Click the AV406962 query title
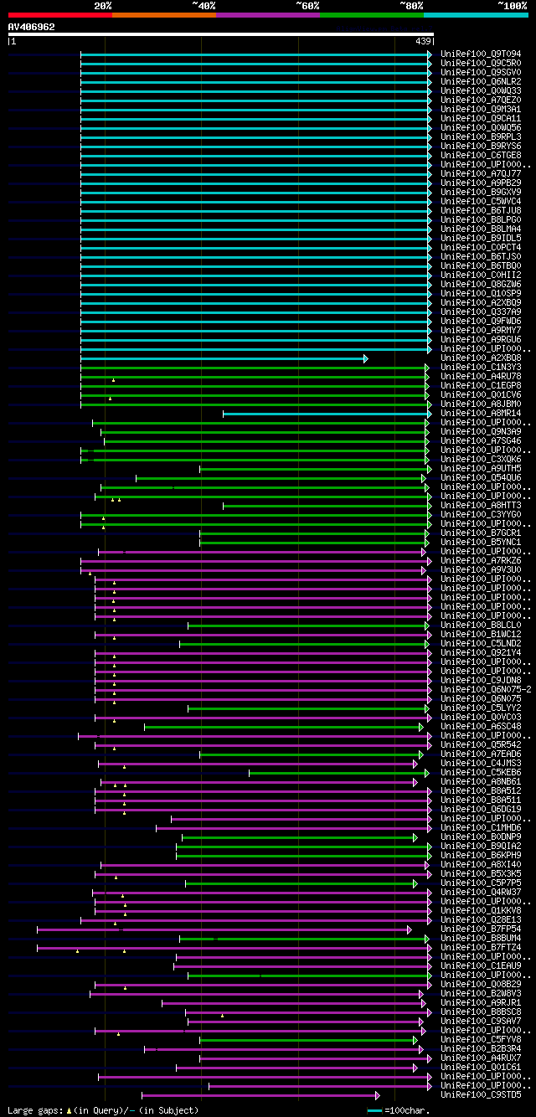32,27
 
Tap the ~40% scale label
204,5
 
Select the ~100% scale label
511,5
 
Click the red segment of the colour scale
59,15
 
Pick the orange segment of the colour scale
163,15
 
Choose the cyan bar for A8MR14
327,414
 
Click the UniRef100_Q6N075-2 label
482,690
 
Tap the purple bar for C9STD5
260,1095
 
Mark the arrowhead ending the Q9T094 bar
430,54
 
